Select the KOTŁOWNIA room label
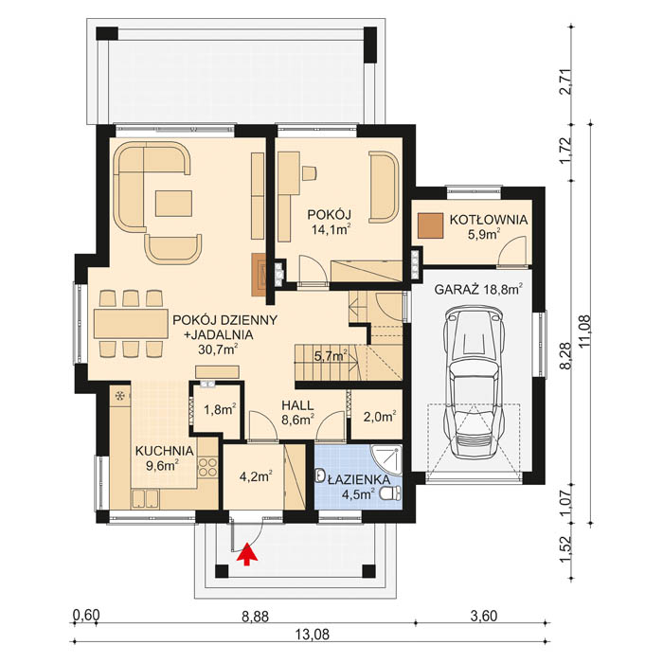click(489, 220)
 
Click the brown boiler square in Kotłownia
click(431, 225)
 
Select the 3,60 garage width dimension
click(484, 615)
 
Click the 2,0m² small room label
click(379, 414)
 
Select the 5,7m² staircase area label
click(330, 357)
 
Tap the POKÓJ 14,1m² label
click(331, 221)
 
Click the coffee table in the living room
click(174, 203)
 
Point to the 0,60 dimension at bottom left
click(86, 615)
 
